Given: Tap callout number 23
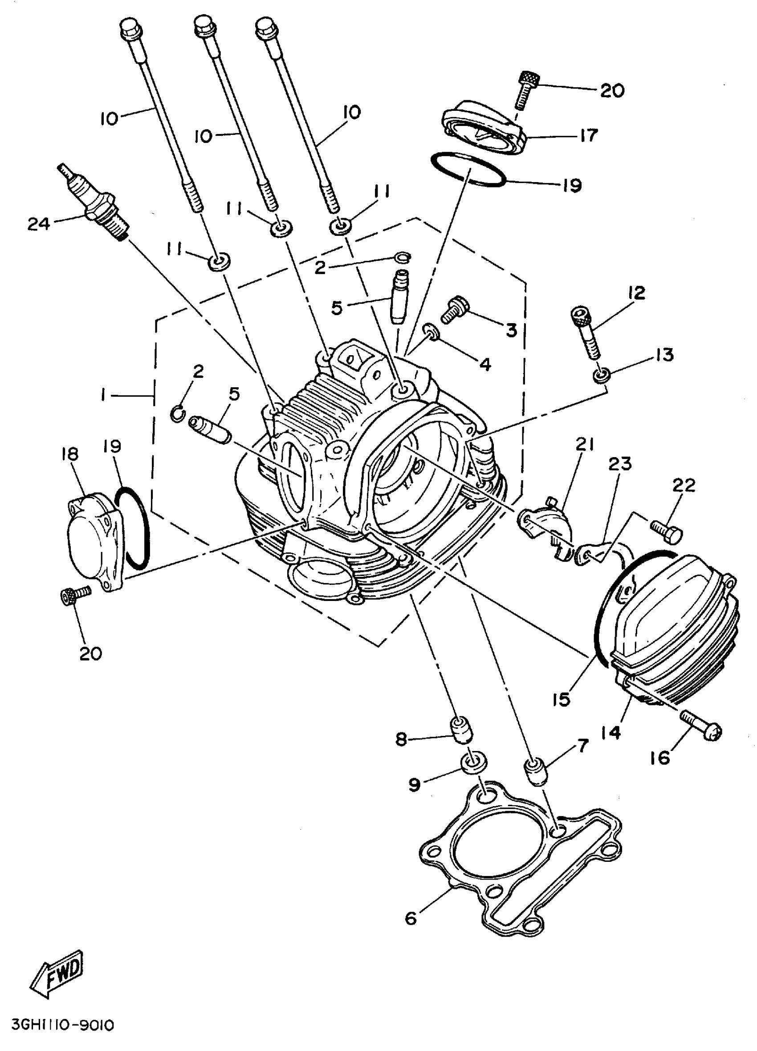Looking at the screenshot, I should point(620,464).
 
